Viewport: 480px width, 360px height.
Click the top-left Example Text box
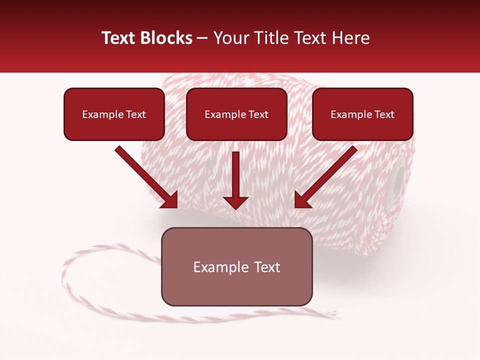[114, 114]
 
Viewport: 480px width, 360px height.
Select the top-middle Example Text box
[236, 114]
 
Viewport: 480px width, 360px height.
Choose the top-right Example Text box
[362, 114]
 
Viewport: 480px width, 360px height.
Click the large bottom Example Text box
[236, 266]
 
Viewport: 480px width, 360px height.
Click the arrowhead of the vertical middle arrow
[235, 201]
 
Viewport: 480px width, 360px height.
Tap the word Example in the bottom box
[216, 267]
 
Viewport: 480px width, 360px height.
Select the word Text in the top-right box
[384, 114]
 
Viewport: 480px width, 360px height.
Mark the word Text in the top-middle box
[258, 114]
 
